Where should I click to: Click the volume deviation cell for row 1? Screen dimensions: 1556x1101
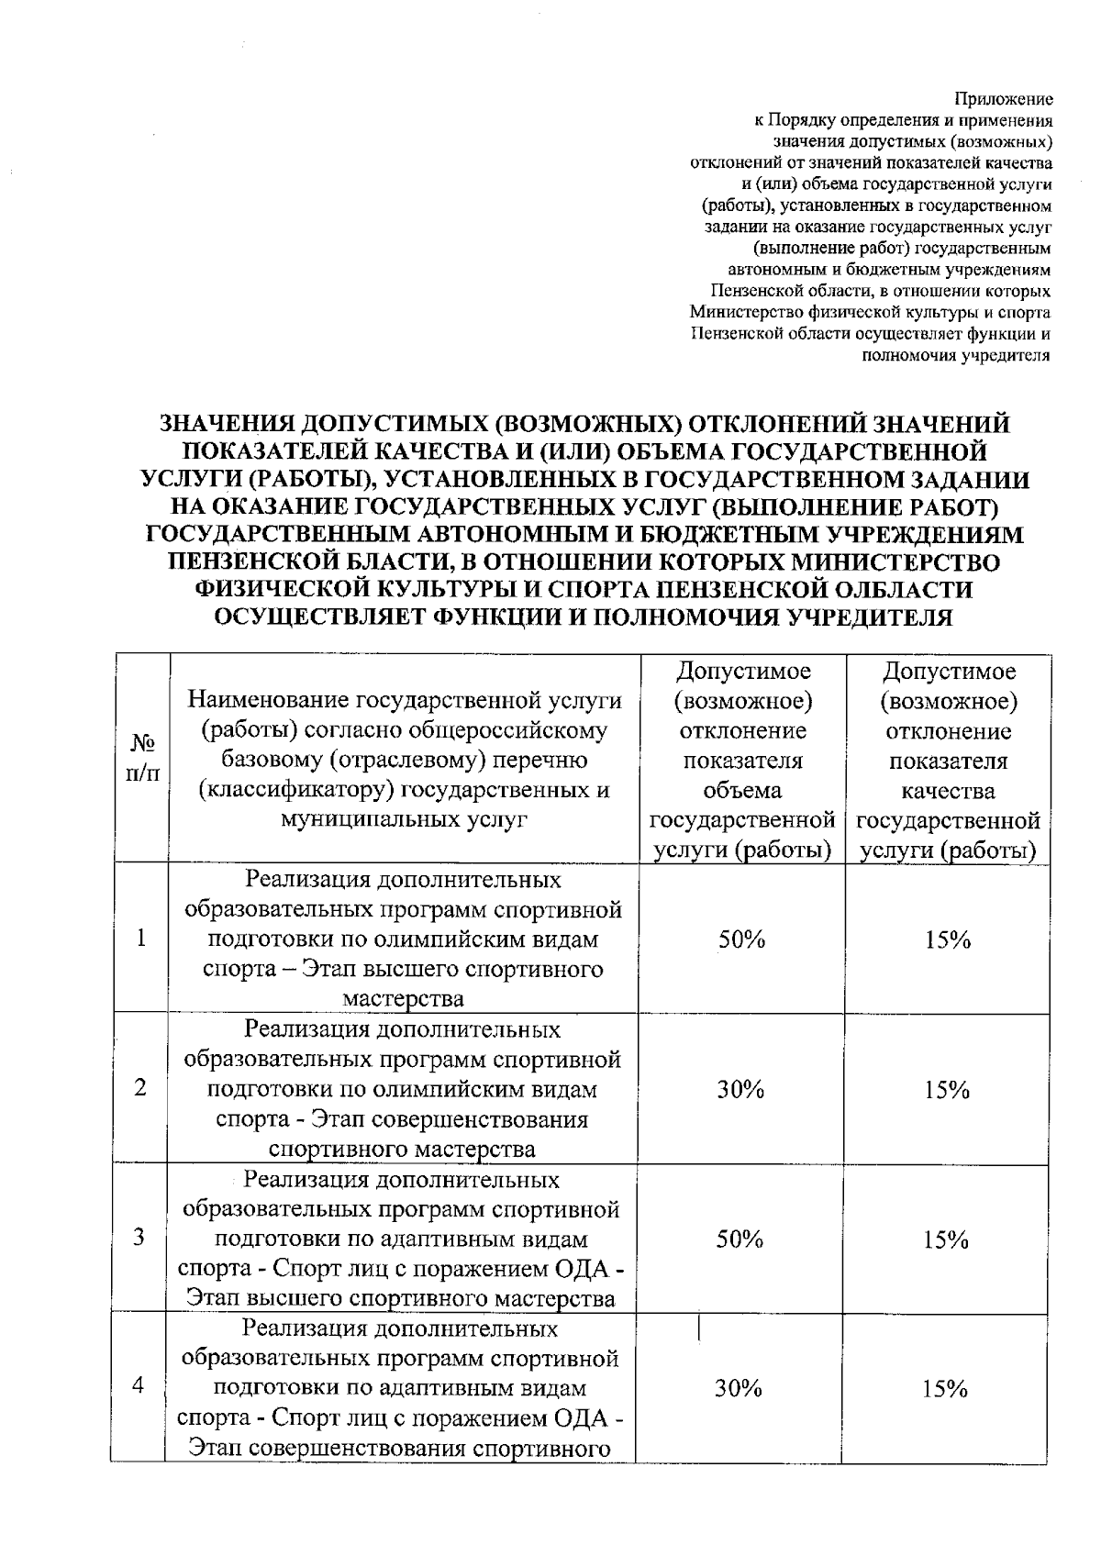click(x=741, y=939)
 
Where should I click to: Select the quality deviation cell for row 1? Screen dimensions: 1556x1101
click(x=948, y=939)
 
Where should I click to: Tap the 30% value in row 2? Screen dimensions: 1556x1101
click(x=740, y=1090)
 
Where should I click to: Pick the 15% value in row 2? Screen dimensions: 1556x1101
click(x=947, y=1090)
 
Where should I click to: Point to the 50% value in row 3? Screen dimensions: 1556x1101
click(x=740, y=1239)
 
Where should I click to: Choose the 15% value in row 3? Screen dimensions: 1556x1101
click(x=947, y=1240)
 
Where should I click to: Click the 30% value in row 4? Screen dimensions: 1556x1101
click(x=740, y=1389)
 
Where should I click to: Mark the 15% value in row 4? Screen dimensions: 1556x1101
click(x=946, y=1389)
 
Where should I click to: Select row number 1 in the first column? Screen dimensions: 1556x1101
click(x=141, y=939)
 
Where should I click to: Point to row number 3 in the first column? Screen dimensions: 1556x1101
click(x=139, y=1238)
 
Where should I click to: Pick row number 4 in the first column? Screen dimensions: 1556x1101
click(x=139, y=1386)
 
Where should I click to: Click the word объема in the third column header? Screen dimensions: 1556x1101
click(x=742, y=791)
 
